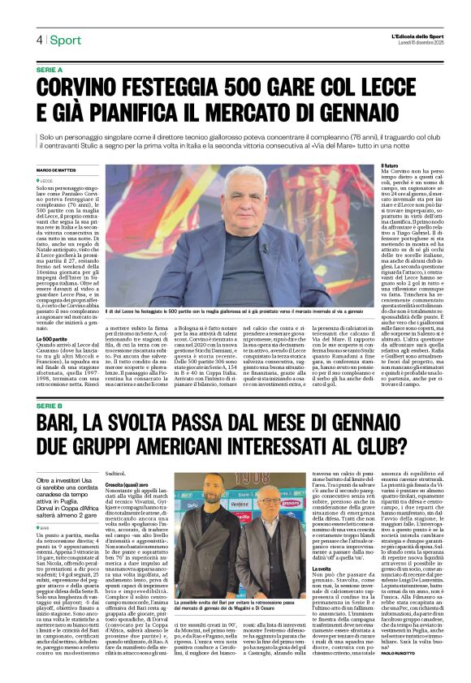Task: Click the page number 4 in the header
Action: coord(38,40)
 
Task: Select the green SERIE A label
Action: coord(50,71)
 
